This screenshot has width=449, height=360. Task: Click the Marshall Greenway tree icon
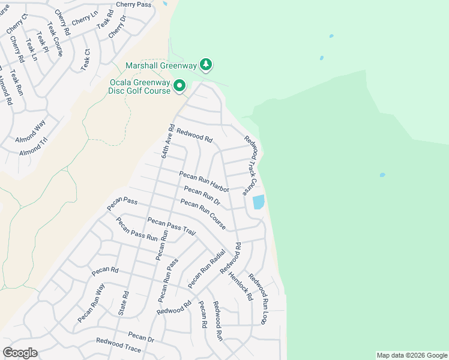206,64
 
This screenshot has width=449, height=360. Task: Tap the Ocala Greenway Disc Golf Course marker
179,86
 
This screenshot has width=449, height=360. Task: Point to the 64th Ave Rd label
167,141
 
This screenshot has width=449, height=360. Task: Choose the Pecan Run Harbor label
204,181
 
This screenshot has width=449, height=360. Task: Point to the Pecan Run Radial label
206,268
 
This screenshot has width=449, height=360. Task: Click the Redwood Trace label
118,344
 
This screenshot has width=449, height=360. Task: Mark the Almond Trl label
33,147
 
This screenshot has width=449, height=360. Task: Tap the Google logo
20,352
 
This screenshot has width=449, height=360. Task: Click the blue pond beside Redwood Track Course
259,202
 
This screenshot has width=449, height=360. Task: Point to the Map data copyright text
411,355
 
